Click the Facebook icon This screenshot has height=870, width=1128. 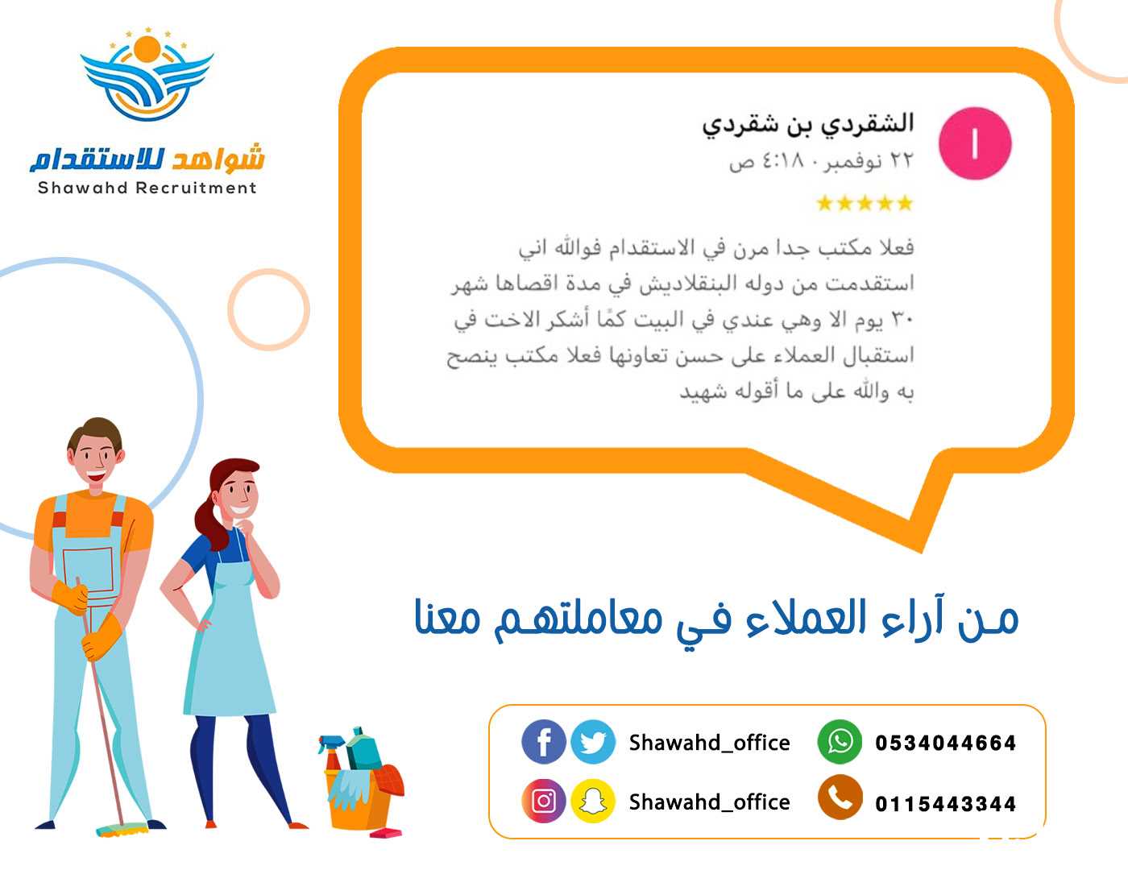[543, 741]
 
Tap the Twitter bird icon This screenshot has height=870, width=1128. [593, 741]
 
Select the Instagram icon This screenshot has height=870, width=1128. [543, 801]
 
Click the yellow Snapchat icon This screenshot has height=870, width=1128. [593, 801]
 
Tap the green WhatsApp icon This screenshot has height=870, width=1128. [840, 741]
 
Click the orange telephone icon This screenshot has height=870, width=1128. [840, 797]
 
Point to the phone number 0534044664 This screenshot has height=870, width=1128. [945, 743]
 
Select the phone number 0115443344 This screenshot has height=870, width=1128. [945, 804]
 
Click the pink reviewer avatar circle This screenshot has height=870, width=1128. [975, 143]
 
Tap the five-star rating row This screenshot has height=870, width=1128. [865, 203]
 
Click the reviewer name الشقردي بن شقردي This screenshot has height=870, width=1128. [807, 125]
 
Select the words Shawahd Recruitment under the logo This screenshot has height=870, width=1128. [147, 188]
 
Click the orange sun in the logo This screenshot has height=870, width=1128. [147, 48]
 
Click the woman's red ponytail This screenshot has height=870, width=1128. [211, 521]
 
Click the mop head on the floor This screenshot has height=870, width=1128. [122, 830]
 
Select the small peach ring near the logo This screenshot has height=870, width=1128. [268, 309]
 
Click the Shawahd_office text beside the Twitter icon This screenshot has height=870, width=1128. [710, 743]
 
